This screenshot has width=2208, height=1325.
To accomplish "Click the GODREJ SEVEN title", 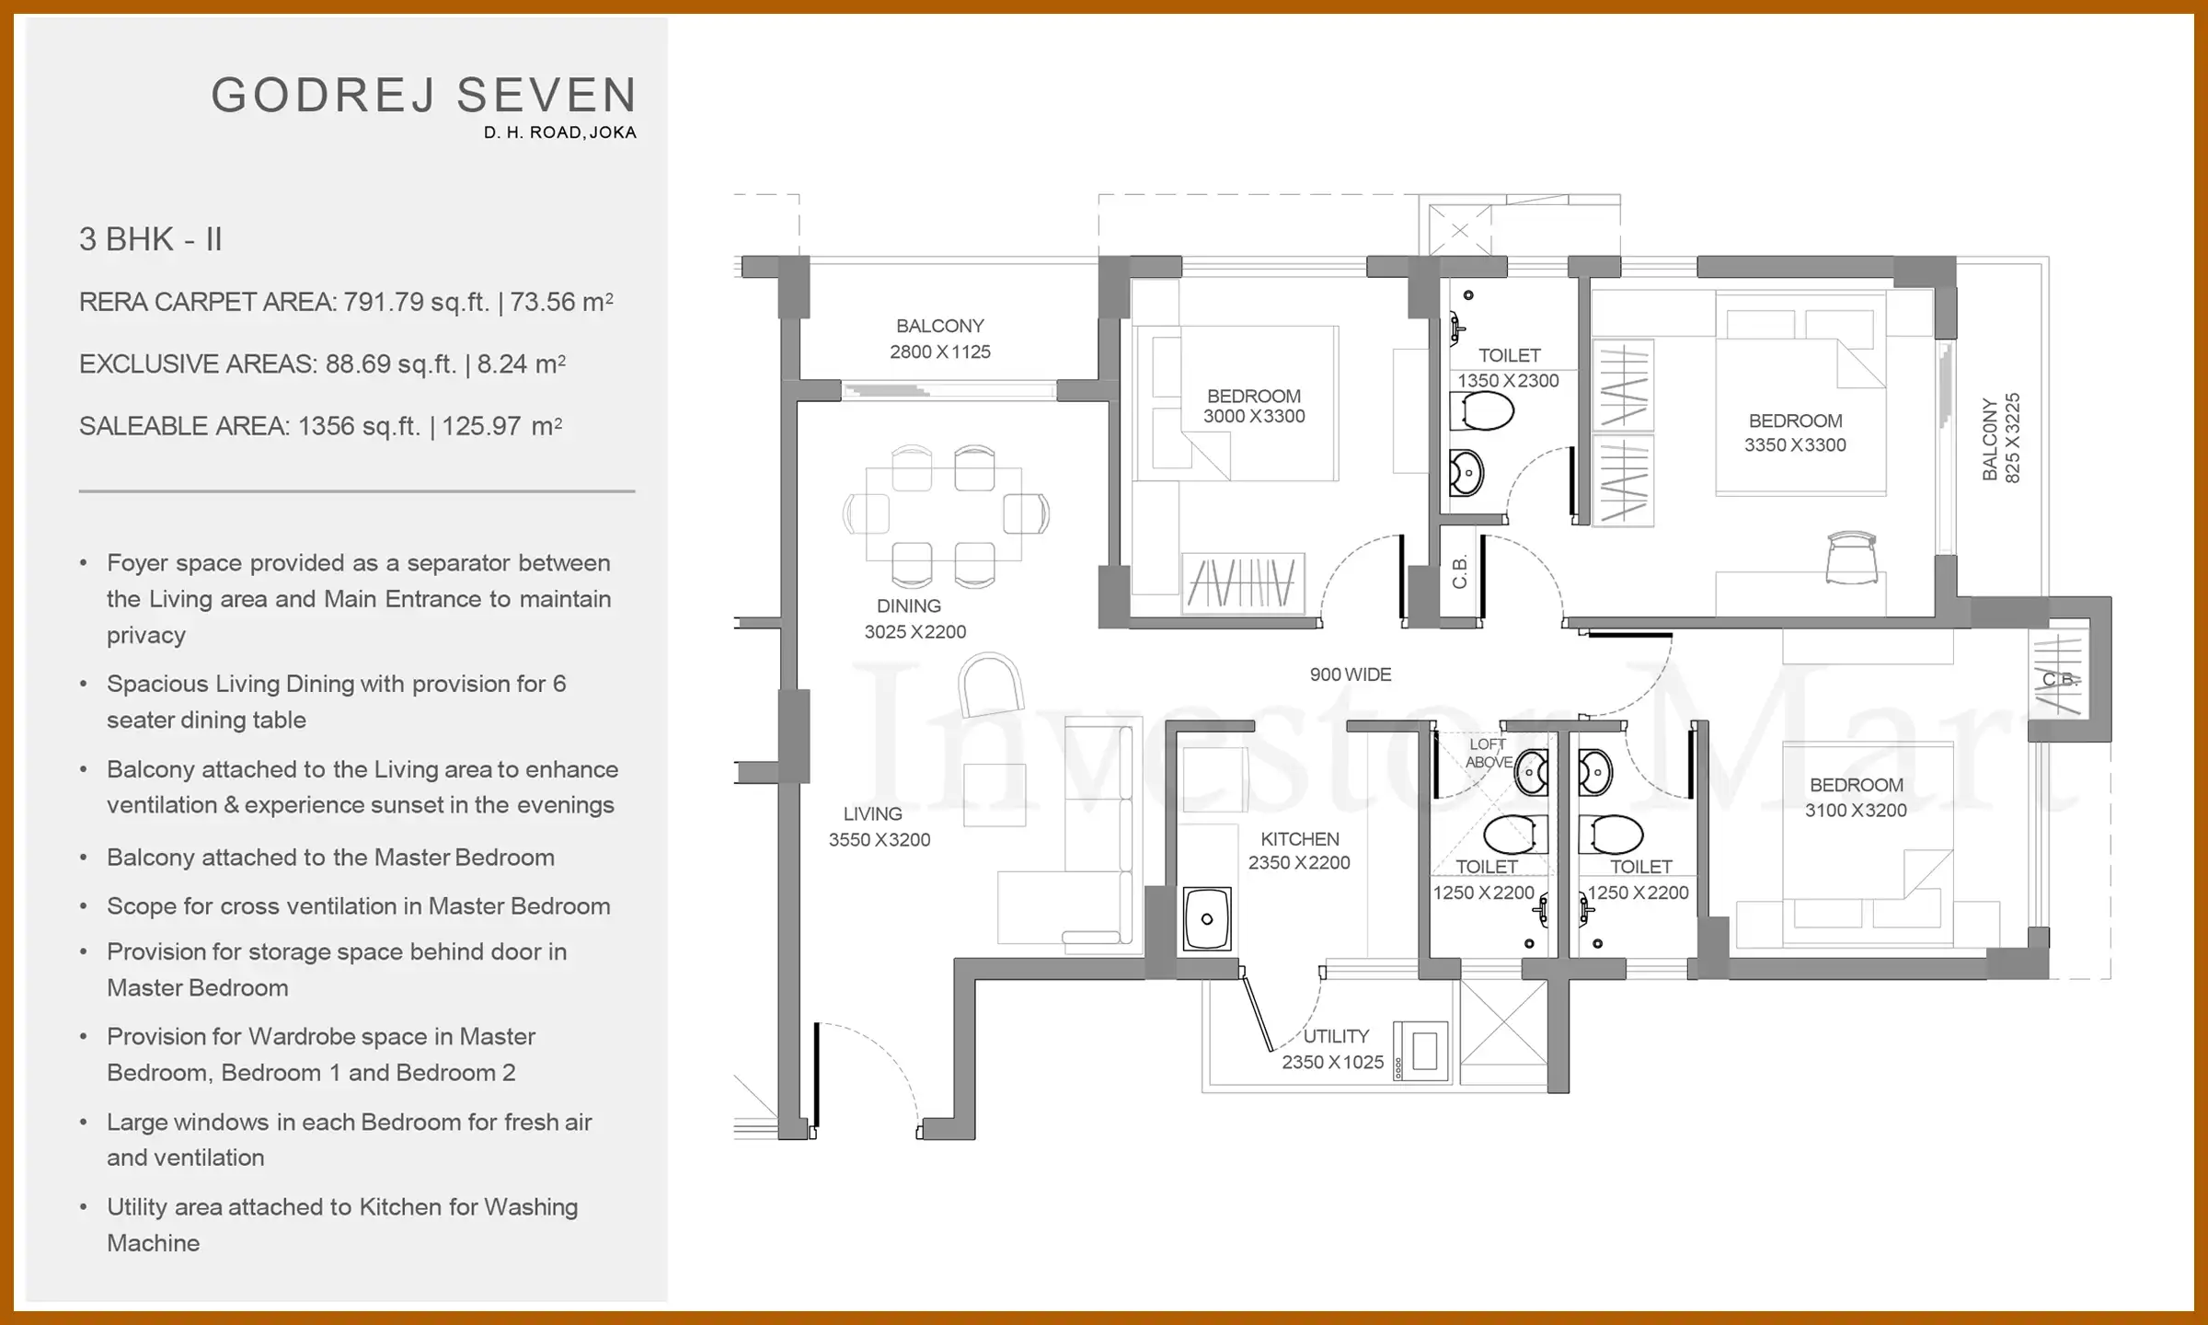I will pos(424,96).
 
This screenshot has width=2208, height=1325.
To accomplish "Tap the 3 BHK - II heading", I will pos(151,239).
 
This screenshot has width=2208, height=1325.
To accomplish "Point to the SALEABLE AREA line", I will pos(320,426).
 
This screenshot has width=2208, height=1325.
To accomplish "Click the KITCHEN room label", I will pos(1299,839).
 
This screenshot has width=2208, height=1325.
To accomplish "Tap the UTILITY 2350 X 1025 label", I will pos(1333,1049).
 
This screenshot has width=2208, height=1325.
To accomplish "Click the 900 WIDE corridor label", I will pos(1350,674).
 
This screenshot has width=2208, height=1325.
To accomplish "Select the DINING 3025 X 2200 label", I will pos(914,618).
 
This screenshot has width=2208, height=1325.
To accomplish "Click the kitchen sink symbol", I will pos(1206,918).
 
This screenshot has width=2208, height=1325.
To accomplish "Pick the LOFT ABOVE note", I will pos(1488,753).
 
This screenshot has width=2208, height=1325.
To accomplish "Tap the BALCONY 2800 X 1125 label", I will pos(939,339).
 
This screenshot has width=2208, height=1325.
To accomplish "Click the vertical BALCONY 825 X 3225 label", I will pos(2000,439).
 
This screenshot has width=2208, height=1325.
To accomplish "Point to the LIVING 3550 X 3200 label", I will pos(878,826).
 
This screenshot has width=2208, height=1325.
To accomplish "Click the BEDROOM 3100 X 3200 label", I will pos(1856,797).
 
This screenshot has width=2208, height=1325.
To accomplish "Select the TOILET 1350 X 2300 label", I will pos(1509,367).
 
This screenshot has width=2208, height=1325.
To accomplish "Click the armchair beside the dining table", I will pos(990,684).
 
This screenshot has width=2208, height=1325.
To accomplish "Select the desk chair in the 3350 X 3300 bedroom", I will pos(1851,557).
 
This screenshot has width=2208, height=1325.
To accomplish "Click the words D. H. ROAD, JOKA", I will pos(559,132).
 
